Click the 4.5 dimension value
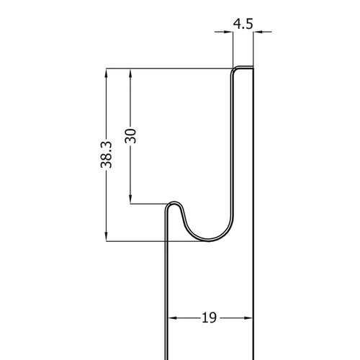tap(243, 24)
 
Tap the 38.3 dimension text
tap(106, 155)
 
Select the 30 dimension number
tap(130, 136)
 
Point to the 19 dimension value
tap(209, 318)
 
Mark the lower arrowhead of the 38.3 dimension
tap(107, 236)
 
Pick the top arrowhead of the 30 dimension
tap(130, 73)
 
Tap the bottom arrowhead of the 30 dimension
tap(130, 199)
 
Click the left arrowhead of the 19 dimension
tap(173, 318)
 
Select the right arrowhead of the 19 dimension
tap(248, 318)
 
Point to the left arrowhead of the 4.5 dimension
tap(228, 32)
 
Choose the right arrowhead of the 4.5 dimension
tap(258, 32)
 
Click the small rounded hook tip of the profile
tap(174, 203)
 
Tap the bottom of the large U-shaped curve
tap(208, 240)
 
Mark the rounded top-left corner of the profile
tap(233, 69)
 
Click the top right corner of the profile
tap(253, 67)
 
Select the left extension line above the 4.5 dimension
tap(233, 49)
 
